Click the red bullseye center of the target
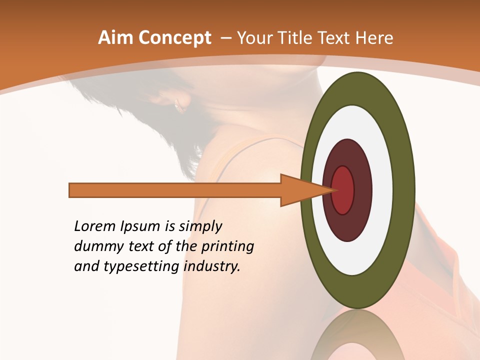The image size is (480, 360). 342,190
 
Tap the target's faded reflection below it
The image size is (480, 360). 357,335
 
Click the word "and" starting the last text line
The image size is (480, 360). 85,266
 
